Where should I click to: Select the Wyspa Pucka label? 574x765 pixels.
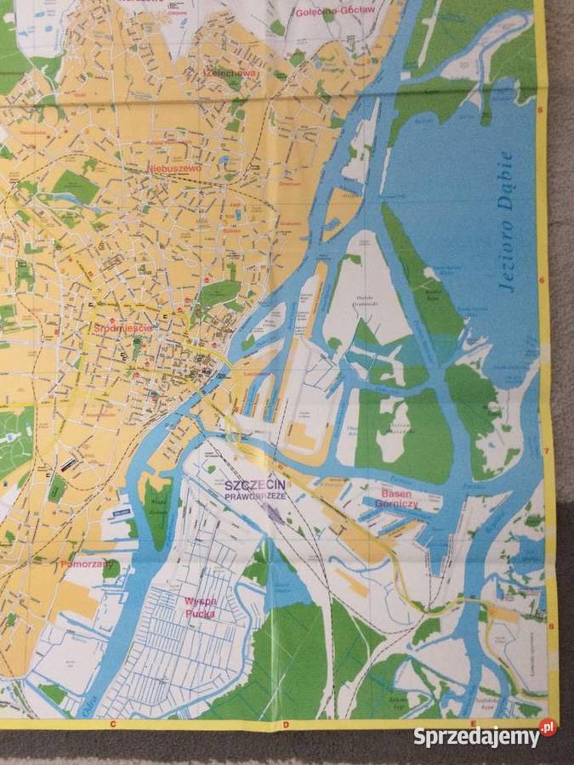pos(201,604)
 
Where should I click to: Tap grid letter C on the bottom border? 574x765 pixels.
pos(112,723)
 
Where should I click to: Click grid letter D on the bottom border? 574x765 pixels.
pos(286,724)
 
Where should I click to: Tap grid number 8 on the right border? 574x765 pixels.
pos(551,626)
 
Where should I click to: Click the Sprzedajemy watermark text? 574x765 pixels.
pos(475,736)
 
